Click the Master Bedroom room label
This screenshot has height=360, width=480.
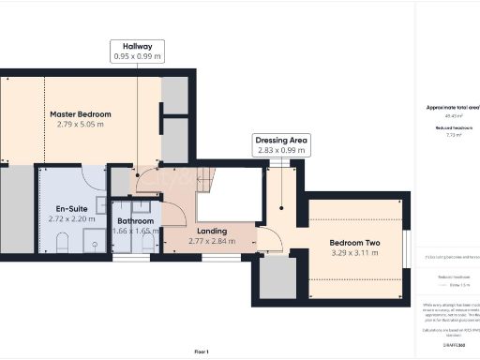(81, 114)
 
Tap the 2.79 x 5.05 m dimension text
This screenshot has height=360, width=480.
(81, 125)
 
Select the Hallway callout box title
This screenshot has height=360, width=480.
(137, 45)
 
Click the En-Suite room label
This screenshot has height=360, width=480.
(66, 208)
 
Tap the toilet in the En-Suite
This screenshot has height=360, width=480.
(62, 244)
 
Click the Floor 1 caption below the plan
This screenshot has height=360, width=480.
(201, 352)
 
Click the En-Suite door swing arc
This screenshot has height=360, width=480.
(94, 177)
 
